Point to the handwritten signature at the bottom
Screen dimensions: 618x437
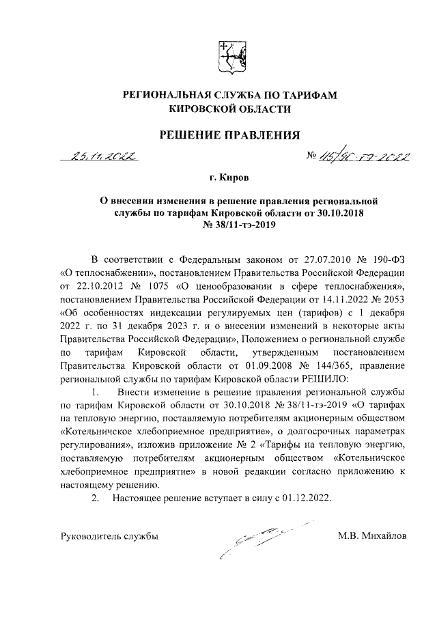[259, 539]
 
